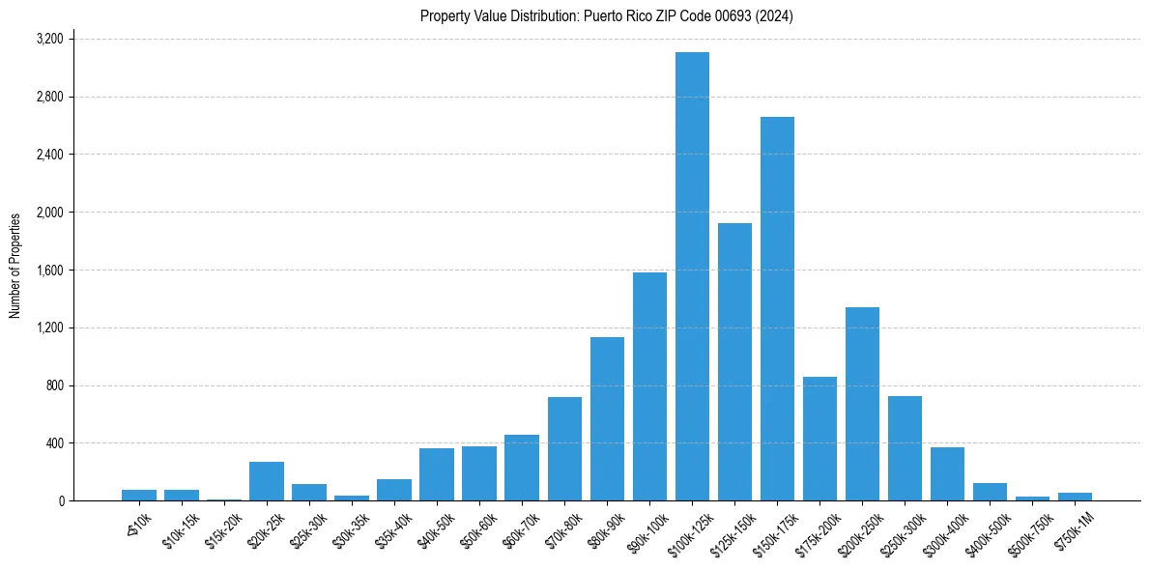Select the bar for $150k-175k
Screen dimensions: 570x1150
(x=777, y=309)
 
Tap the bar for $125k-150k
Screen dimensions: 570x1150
(x=734, y=362)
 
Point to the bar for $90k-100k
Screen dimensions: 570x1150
(x=649, y=386)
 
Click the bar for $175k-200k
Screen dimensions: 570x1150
(x=819, y=439)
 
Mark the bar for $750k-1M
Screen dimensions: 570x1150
(x=1075, y=497)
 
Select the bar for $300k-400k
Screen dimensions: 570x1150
(x=947, y=474)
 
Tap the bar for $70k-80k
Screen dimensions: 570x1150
(x=564, y=449)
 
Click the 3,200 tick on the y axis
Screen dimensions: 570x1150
(x=49, y=40)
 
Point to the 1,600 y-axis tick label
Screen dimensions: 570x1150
(x=49, y=271)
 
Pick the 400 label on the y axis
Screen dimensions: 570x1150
(x=55, y=443)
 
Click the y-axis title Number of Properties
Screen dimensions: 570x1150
(x=15, y=266)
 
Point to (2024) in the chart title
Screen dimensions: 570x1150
(x=775, y=16)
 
